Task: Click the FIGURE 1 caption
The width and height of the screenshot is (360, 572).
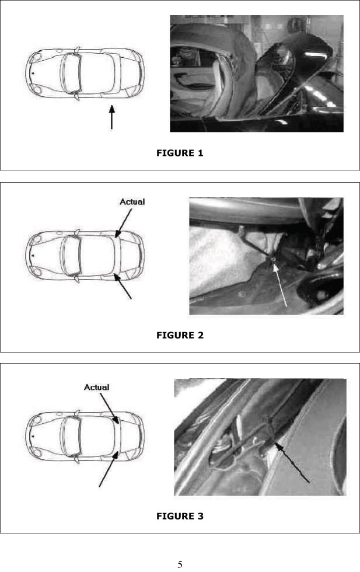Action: point(180,153)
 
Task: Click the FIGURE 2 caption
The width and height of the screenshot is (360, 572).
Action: point(180,335)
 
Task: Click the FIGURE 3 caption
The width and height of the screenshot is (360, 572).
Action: point(180,516)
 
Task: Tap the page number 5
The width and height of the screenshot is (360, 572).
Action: point(180,564)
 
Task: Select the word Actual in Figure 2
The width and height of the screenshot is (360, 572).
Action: point(132,201)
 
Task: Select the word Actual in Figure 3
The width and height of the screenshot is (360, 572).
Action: point(97,387)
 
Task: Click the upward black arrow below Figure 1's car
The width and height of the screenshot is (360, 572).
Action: point(111,117)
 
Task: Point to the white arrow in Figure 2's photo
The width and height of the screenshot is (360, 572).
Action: point(279,285)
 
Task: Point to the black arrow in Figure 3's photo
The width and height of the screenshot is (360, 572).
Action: point(292,462)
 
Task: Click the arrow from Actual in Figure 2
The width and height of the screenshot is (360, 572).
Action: point(124,223)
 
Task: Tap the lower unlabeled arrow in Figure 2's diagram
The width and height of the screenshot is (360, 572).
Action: point(123,287)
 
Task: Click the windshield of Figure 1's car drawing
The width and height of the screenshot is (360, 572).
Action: point(72,72)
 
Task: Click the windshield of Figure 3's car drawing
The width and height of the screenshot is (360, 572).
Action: point(72,435)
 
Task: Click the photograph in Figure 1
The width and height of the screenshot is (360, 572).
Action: point(257,74)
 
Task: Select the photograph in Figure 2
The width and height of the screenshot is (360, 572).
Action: point(266,256)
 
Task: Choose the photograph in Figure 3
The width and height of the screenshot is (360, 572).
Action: point(260,437)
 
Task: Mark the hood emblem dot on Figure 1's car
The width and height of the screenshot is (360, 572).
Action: point(33,74)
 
